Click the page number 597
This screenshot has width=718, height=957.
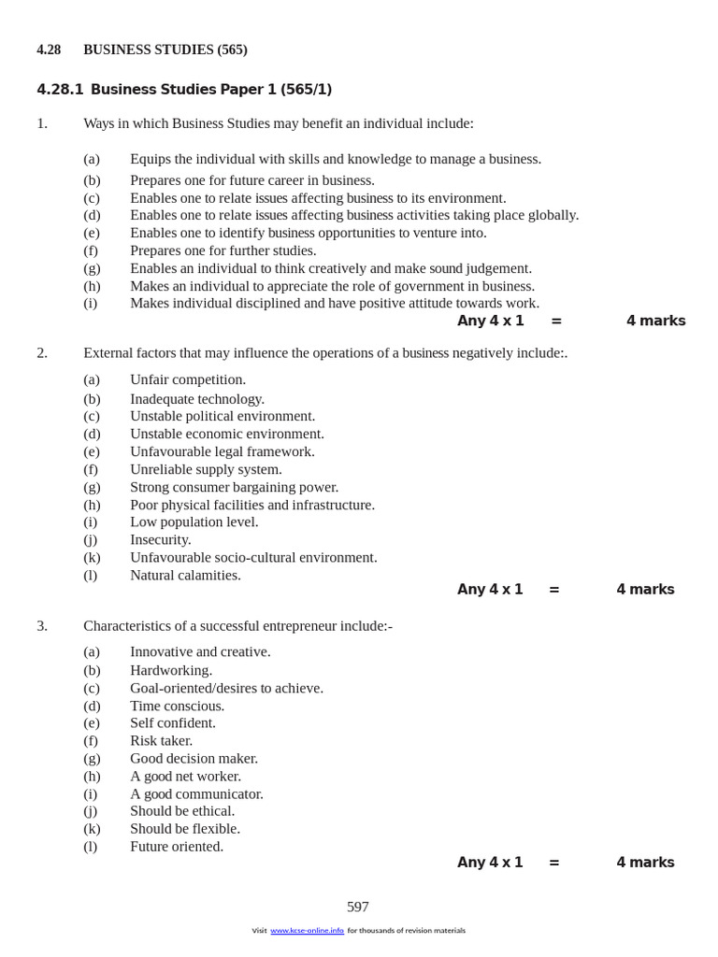[x=358, y=907]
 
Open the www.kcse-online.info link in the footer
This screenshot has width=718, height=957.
[x=307, y=931]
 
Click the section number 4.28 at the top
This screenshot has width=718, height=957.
[x=49, y=50]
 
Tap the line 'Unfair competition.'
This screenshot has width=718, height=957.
[x=188, y=379]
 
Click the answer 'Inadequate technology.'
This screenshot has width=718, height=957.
[x=197, y=399]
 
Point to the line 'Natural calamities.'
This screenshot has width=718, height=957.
[x=185, y=575]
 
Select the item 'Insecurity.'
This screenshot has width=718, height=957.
[x=161, y=539]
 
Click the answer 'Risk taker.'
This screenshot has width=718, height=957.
[x=161, y=740]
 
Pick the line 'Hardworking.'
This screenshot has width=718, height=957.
[x=171, y=670]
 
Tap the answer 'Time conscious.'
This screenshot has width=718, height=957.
[x=177, y=706]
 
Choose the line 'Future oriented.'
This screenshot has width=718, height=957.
[x=177, y=846]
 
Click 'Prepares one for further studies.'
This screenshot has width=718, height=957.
[x=223, y=250]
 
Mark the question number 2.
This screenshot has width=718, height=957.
[x=42, y=352]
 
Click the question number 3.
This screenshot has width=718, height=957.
[x=42, y=625]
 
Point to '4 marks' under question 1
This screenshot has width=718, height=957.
[x=655, y=321]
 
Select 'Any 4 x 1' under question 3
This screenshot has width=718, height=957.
[x=490, y=863]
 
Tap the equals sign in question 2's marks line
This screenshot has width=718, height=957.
[x=554, y=590]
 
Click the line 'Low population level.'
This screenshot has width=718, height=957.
[x=194, y=521]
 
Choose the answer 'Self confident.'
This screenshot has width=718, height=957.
[x=173, y=722]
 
